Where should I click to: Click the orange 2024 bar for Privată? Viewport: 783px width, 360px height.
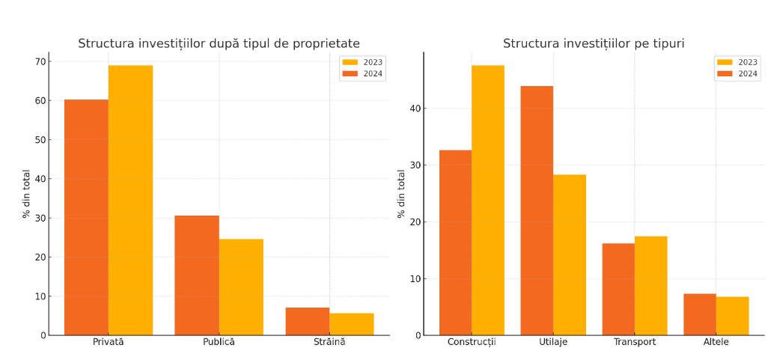(x=86, y=217)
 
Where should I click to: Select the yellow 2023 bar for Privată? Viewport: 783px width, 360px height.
(x=130, y=201)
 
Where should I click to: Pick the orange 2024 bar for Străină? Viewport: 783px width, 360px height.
(x=307, y=321)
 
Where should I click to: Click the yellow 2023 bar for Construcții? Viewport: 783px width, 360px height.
(x=488, y=201)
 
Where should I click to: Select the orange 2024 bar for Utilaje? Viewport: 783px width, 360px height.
(x=537, y=210)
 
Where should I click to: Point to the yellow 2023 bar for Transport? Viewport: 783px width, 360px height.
(x=651, y=286)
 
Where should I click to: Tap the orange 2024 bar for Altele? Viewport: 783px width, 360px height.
(x=699, y=314)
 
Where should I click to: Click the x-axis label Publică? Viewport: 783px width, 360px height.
(x=219, y=342)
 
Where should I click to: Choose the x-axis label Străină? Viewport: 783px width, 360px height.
(x=329, y=342)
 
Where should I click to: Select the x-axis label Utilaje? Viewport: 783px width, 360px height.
(x=553, y=342)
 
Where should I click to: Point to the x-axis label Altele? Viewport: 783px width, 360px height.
(x=716, y=342)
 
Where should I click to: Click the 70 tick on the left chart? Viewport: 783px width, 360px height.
(x=38, y=61)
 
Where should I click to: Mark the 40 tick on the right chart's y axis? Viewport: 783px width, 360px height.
(x=414, y=109)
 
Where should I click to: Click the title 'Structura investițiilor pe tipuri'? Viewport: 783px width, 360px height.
(x=594, y=44)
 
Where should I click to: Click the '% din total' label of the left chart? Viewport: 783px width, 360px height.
(x=27, y=194)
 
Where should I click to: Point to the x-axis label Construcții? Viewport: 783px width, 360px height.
(x=472, y=342)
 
